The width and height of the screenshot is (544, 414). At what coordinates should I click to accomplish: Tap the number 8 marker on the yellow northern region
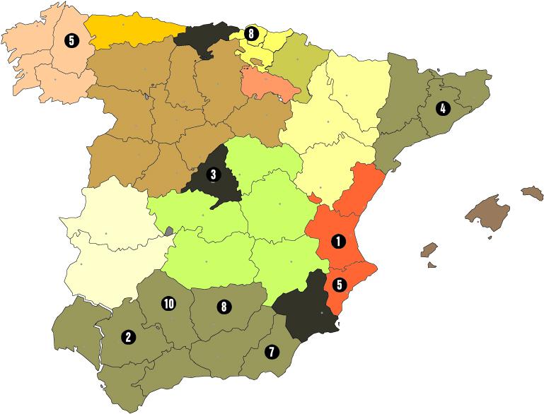pos(251,33)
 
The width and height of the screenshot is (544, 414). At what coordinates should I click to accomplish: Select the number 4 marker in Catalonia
pos(442,109)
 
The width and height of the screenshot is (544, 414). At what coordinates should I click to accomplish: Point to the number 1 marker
pos(338,241)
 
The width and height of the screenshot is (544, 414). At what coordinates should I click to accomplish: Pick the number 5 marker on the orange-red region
pos(339,285)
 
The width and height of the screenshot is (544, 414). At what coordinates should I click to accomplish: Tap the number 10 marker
pos(168,304)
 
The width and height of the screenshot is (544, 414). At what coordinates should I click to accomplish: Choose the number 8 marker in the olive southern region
pos(224,307)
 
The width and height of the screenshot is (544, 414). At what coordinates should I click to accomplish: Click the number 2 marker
pos(128,337)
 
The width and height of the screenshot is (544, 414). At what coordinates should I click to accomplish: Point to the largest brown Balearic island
pos(487,212)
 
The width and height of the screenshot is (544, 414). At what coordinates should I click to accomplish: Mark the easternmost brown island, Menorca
pos(532,192)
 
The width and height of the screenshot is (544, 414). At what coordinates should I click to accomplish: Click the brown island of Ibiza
pos(429,250)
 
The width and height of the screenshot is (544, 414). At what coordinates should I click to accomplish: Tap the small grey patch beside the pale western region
pos(169,230)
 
